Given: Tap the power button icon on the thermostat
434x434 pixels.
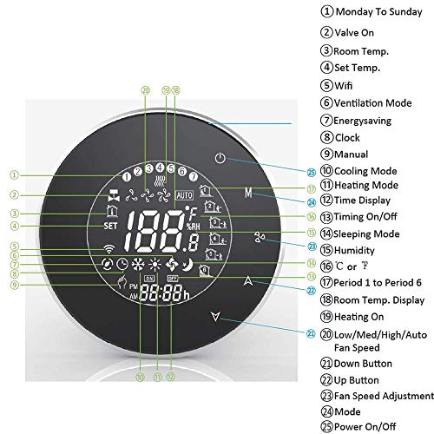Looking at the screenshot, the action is [220, 158].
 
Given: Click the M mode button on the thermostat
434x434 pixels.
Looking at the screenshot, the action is [248, 193].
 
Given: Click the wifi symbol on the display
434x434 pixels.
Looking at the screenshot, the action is [108, 248].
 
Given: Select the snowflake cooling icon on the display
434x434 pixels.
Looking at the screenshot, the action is [138, 265].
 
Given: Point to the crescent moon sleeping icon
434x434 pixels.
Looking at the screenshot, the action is [187, 265].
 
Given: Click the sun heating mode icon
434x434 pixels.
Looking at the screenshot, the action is [155, 265].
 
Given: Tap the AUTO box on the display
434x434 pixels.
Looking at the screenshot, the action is [185, 195].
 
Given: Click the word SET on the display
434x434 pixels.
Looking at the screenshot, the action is [110, 226].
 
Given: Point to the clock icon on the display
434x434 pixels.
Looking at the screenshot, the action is [122, 265].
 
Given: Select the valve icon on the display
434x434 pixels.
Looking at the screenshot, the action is [114, 195].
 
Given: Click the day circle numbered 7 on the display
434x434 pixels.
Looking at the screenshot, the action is [194, 176].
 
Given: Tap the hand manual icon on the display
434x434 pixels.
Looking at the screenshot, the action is [122, 282].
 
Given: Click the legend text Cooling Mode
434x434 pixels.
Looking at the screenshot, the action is [365, 171].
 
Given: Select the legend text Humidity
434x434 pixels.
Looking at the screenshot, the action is [354, 250].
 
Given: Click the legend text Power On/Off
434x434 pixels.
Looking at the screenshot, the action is [365, 426].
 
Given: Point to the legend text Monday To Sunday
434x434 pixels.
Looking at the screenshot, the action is [378, 12].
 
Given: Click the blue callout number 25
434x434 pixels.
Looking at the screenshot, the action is [311, 173].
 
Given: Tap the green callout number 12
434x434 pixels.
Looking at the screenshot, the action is [171, 377].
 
